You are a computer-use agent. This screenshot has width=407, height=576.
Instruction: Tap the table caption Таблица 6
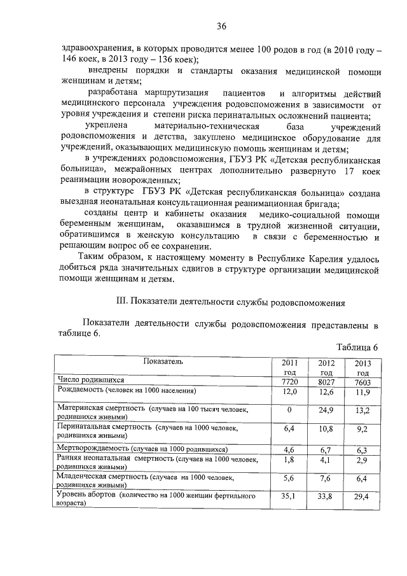click(359, 347)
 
